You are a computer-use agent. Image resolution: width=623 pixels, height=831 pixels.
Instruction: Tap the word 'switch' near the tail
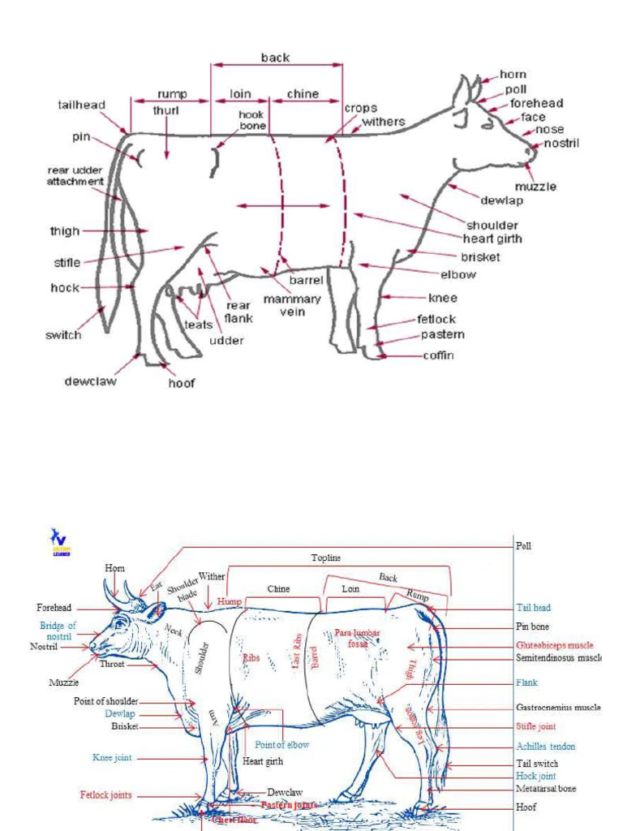64,334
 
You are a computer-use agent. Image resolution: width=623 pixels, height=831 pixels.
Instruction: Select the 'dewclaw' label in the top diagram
90,381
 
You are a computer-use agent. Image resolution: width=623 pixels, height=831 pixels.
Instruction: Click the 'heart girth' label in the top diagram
492,239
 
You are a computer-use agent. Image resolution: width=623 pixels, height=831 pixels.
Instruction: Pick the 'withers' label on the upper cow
383,122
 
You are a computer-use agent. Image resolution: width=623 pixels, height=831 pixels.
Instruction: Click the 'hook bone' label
251,120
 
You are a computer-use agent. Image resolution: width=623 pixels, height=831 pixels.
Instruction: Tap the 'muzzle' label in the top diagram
535,187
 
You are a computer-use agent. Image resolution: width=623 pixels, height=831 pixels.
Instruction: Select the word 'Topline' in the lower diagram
326,558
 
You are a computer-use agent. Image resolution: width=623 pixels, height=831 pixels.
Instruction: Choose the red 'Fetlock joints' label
105,795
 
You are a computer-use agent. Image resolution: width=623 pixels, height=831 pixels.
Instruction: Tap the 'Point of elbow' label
281,744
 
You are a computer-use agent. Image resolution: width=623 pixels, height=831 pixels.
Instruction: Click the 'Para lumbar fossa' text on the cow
357,637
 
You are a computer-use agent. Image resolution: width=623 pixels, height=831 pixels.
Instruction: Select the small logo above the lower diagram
59,541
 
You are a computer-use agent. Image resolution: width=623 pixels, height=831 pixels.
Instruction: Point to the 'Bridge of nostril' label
58,631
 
